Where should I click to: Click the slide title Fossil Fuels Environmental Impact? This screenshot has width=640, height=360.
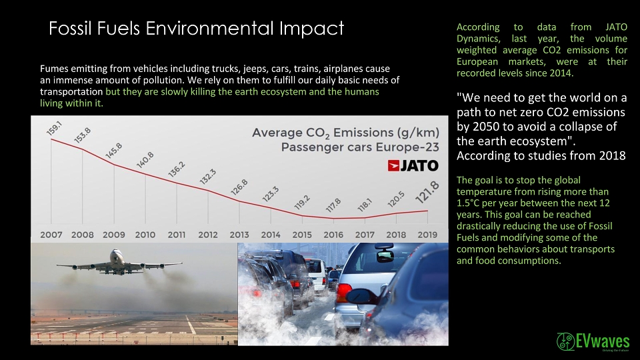(x=196, y=29)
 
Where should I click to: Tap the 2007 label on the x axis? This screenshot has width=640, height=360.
(x=51, y=235)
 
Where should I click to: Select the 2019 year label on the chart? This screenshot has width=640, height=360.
(x=427, y=235)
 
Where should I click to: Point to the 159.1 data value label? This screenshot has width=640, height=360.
(x=54, y=128)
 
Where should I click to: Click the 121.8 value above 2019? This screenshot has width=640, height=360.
(x=427, y=192)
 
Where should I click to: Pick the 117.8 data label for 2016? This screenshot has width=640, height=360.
(x=333, y=205)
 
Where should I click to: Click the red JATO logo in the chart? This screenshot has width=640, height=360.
(x=413, y=165)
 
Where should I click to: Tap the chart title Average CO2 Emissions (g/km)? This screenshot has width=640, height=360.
(x=345, y=133)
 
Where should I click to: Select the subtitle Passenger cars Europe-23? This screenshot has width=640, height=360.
(x=360, y=147)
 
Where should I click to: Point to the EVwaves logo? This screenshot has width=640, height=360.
(x=593, y=341)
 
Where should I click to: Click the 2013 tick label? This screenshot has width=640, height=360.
(x=239, y=235)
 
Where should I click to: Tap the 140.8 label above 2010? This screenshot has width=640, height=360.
(x=145, y=159)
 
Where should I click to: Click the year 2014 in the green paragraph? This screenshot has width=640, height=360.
(x=561, y=73)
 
